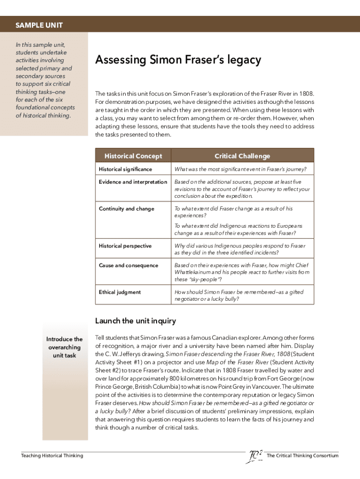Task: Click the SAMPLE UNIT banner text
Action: click(39, 25)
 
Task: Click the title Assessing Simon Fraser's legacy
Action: click(178, 60)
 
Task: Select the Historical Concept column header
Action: click(133, 156)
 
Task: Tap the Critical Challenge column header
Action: click(242, 156)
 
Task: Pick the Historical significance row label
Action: click(125, 169)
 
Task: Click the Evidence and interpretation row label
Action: click(133, 182)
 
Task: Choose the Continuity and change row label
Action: click(126, 209)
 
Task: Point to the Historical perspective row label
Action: click(125, 246)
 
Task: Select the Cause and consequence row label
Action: click(129, 265)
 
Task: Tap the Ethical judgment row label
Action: click(120, 292)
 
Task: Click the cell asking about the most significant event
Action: click(241, 169)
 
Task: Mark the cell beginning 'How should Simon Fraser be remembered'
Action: click(239, 295)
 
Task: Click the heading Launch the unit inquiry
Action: click(136, 321)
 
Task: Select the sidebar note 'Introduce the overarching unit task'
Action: click(65, 347)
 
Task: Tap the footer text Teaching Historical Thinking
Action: click(52, 455)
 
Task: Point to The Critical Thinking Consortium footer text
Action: click(302, 455)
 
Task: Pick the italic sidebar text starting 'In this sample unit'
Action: click(45, 80)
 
